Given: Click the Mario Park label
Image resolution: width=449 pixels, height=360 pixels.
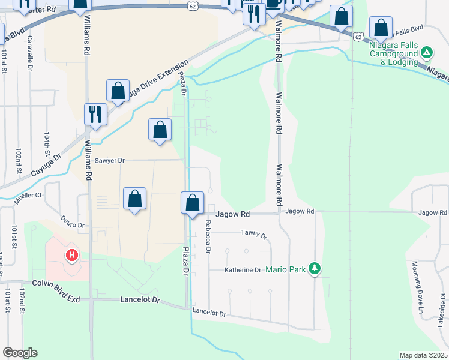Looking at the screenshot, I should (286, 269).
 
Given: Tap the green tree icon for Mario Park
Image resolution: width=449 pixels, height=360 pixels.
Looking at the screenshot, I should (313, 269).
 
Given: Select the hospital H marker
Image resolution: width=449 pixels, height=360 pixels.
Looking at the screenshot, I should (71, 256).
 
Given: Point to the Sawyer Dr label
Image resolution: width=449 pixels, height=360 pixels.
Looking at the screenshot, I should (110, 161).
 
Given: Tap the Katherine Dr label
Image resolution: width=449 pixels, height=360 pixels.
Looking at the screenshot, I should (243, 270).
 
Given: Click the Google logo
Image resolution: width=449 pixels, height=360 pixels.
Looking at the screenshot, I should (20, 353).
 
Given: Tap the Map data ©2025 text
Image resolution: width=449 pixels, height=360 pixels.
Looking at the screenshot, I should (423, 355).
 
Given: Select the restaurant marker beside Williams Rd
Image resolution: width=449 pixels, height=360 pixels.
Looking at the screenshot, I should (95, 114).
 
